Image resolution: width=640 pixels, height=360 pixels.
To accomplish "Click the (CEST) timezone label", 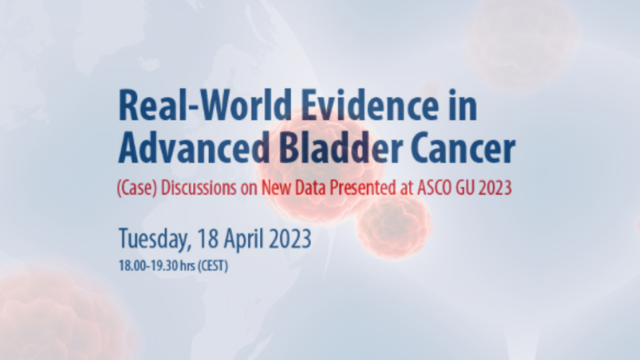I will [213, 265].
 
